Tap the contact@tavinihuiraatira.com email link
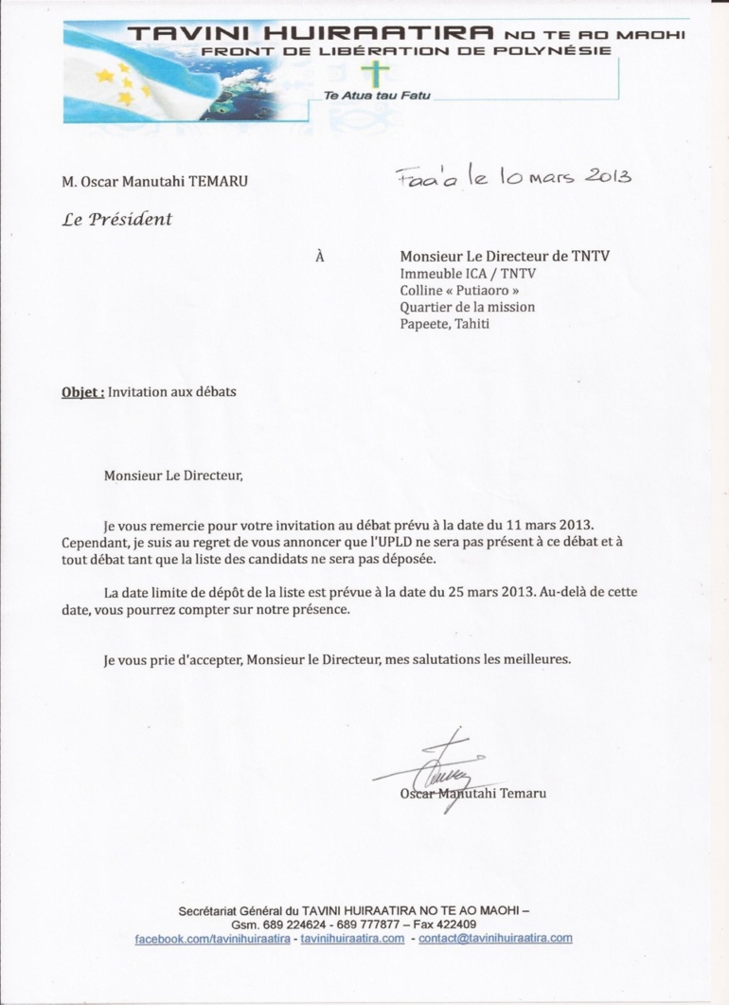(495, 938)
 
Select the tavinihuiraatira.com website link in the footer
(352, 938)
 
